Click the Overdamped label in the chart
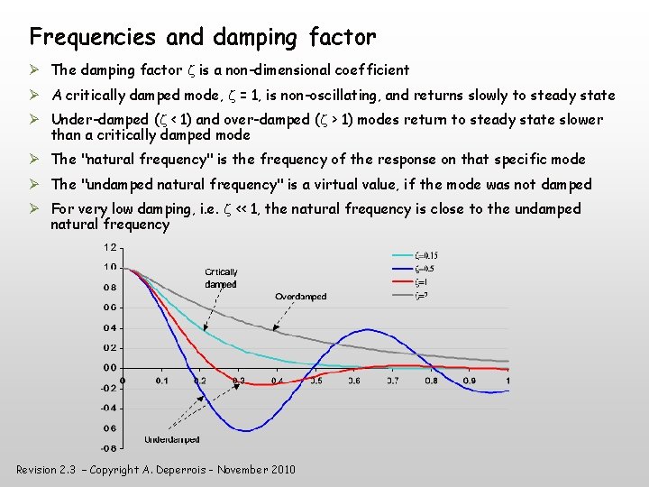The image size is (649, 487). click(x=300, y=297)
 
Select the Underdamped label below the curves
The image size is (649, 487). click(x=172, y=439)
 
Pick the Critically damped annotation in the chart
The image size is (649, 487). click(x=221, y=278)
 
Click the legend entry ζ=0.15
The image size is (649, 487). click(x=425, y=256)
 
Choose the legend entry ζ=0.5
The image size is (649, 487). click(x=424, y=269)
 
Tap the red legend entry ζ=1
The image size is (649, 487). click(x=420, y=282)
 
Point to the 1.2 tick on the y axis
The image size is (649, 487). click(x=109, y=247)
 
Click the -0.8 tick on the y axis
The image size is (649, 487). click(x=107, y=447)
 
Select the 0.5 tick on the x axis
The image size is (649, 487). click(x=316, y=381)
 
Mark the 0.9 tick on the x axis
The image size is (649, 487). click(x=470, y=381)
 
